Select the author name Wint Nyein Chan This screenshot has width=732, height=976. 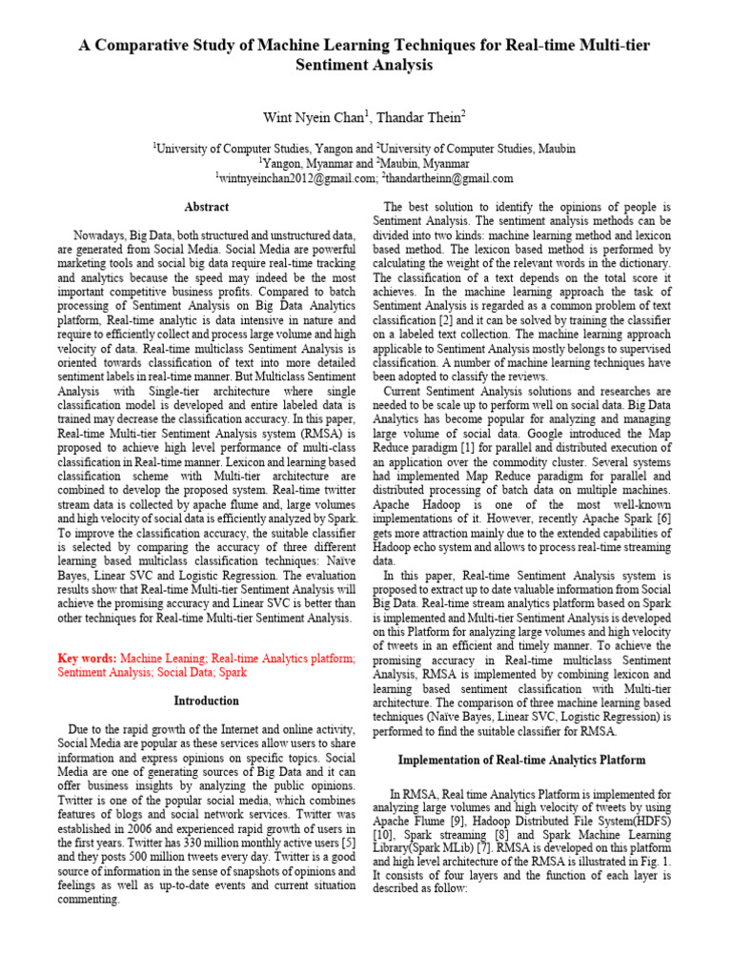303,117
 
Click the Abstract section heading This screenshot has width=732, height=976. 206,207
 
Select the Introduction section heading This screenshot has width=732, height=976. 206,701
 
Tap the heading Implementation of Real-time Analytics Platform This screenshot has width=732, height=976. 521,760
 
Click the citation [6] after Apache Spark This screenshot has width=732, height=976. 664,518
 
